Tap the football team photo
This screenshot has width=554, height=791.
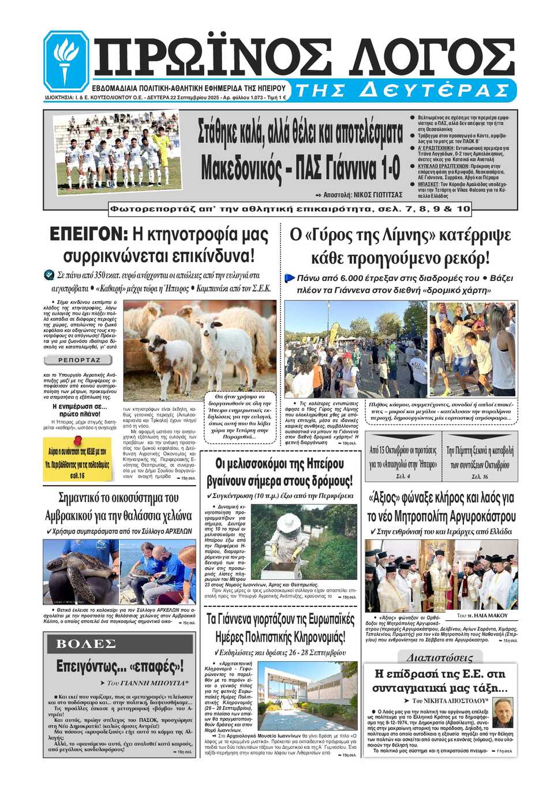tap(118, 152)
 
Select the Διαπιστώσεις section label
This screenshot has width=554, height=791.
tap(439, 657)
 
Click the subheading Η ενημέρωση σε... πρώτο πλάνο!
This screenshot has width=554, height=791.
tap(80, 410)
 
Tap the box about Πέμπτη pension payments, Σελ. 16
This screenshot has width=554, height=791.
tap(480, 456)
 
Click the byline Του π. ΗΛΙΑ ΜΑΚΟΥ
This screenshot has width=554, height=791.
tap(482, 616)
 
